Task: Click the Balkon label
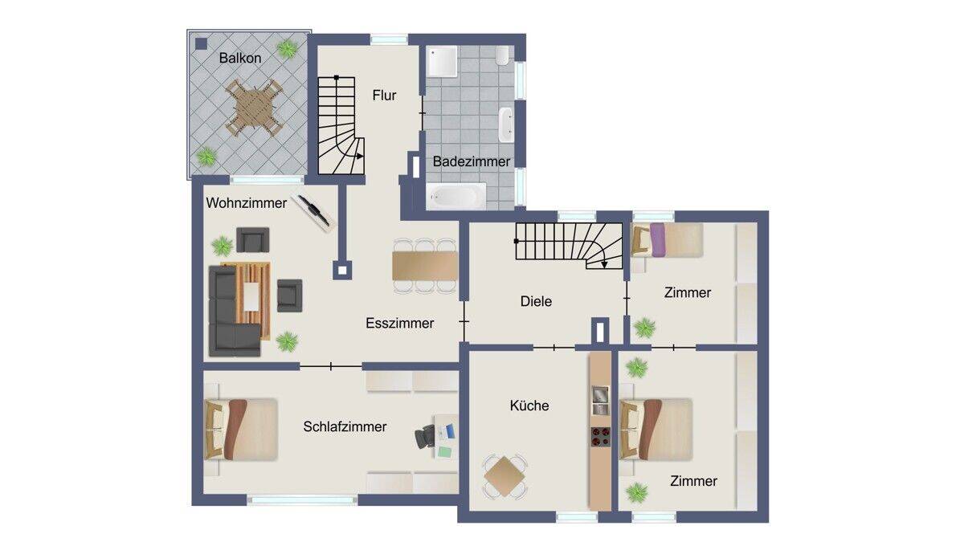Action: coord(239,58)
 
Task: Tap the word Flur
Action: coord(384,95)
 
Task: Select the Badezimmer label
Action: coord(472,161)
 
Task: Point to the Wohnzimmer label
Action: coord(246,203)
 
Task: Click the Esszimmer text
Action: coord(399,323)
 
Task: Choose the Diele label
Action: coord(536,301)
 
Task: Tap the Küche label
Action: coord(529,405)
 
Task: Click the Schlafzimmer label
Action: coord(345,426)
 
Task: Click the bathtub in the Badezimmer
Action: coord(456,196)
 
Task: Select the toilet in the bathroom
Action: coord(502,55)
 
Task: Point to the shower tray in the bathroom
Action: coord(442,62)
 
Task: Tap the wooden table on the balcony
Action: coord(254,108)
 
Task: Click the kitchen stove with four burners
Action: coord(600,436)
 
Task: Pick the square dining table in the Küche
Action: coord(504,476)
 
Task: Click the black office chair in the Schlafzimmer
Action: coord(424,436)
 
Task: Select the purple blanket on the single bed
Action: coord(658,240)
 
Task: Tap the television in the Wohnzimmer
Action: coord(312,213)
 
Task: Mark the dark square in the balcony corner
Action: coord(201,44)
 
